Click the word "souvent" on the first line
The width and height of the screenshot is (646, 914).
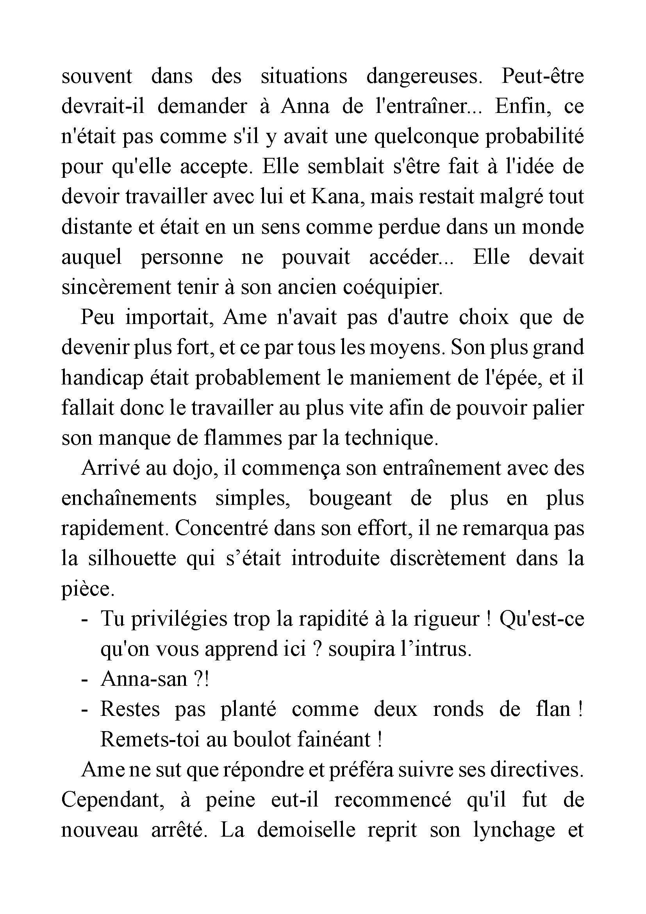tap(96, 76)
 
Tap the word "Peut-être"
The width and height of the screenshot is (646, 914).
tap(542, 76)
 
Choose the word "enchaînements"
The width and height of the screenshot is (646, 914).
tap(129, 498)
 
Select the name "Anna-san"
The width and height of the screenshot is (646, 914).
tap(144, 680)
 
